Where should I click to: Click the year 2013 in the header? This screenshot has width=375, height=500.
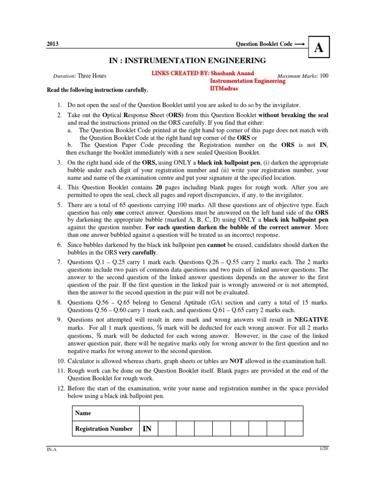[53, 44]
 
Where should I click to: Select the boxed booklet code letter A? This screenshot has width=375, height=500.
[318, 47]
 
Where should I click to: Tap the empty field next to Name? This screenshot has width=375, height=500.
[221, 413]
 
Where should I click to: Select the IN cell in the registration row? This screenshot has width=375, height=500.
[148, 429]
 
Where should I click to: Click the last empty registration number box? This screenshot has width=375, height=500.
[294, 429]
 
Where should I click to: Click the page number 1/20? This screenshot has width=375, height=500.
[323, 448]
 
